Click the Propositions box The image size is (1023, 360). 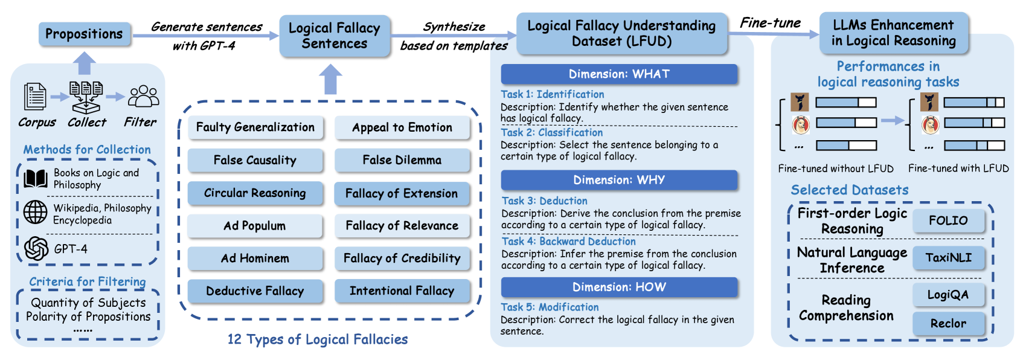83,34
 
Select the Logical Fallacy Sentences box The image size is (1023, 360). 335,36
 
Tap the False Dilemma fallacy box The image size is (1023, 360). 402,160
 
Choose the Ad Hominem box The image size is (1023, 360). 255,259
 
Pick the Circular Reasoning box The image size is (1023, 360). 255,193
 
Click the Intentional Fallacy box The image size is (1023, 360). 402,291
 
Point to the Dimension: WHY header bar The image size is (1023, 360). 619,180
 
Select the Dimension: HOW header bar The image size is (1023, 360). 619,287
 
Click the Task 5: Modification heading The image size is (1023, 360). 550,307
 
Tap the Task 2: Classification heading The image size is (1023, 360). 552,132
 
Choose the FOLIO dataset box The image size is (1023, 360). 948,220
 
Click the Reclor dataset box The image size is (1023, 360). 948,323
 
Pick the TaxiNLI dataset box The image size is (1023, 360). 948,258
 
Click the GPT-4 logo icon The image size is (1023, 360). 36,248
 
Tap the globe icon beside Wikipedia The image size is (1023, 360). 36,213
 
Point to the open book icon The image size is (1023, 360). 36,178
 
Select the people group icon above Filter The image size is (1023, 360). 144,97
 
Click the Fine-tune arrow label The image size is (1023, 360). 771,23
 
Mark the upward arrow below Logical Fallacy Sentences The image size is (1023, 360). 330,79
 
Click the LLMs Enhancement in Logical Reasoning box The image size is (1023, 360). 894,33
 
